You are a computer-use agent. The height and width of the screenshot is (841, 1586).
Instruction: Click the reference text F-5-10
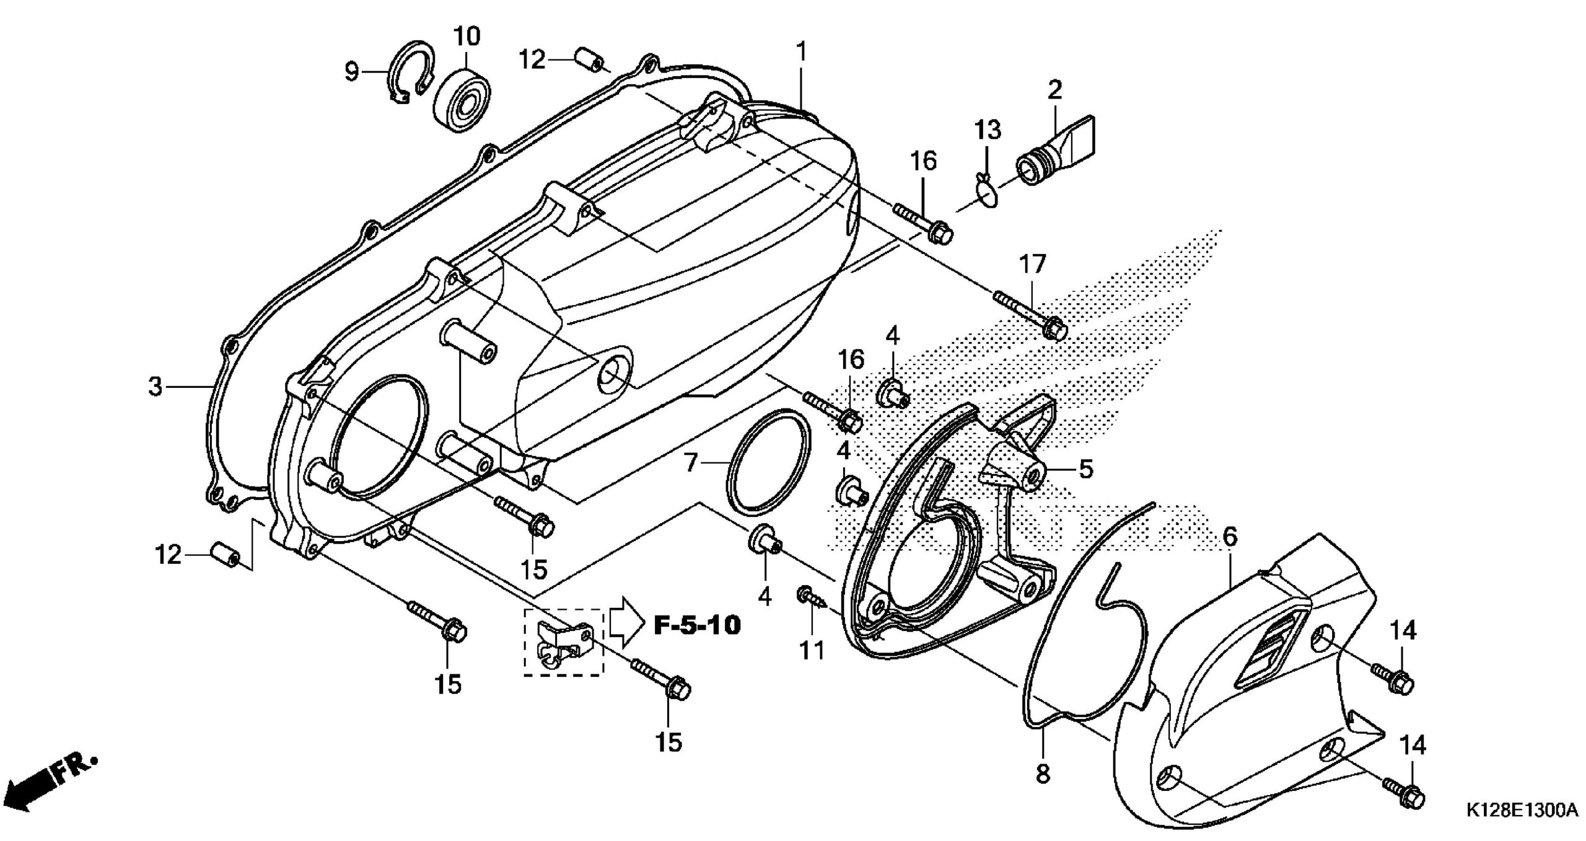[697, 626]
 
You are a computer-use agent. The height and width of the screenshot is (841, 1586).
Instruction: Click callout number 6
[1230, 537]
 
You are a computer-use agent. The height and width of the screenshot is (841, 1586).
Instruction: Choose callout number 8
[1043, 774]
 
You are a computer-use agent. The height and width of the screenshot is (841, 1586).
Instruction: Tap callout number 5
[1085, 469]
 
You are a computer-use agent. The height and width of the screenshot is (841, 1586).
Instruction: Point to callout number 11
[811, 651]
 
